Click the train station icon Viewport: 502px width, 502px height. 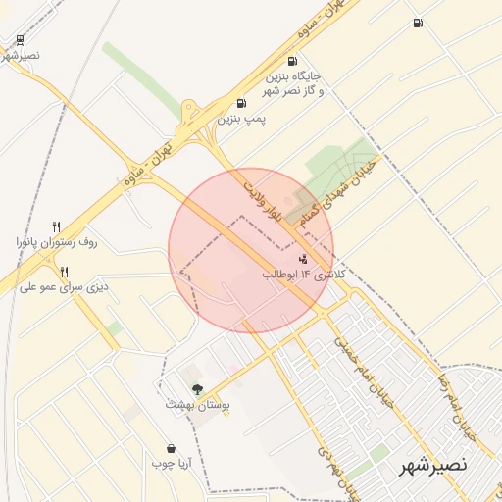[x=21, y=40]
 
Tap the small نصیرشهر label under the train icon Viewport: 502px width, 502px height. [x=21, y=55]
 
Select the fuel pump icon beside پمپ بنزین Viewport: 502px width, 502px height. [x=241, y=103]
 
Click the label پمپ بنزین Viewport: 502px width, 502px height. [x=241, y=119]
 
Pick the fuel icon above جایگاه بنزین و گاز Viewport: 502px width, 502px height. [x=292, y=61]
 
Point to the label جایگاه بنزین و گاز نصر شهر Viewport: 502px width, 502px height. [x=292, y=83]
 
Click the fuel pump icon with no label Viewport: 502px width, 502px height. [x=419, y=23]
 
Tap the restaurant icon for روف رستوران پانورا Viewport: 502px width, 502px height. [x=57, y=226]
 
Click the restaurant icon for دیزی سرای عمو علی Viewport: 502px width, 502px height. [x=64, y=272]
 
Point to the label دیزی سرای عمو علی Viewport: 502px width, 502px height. [x=64, y=287]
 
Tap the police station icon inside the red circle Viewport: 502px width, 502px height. [x=303, y=260]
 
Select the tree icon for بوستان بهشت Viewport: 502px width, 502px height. [x=197, y=389]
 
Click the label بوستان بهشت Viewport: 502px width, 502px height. [x=196, y=404]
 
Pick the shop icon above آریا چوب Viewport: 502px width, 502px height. [x=172, y=448]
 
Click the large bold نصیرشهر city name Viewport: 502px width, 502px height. [x=433, y=465]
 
